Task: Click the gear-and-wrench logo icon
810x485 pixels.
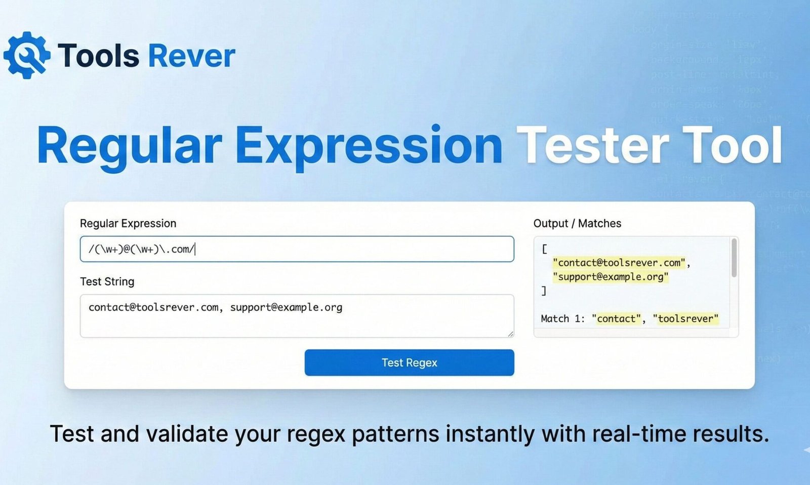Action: (x=26, y=55)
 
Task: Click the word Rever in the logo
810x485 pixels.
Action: (x=192, y=56)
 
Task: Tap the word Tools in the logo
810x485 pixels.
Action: (x=98, y=56)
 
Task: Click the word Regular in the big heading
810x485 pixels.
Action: (x=130, y=146)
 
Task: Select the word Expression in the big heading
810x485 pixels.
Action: (x=369, y=146)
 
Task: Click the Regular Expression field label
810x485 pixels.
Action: (x=128, y=223)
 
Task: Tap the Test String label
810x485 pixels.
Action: (x=107, y=281)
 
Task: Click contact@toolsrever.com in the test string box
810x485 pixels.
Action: (x=153, y=307)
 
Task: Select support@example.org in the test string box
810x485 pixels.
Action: (x=286, y=307)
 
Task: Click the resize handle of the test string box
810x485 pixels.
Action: (x=510, y=334)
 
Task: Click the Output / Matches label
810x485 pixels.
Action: (x=577, y=223)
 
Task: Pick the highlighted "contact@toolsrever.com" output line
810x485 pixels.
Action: (x=619, y=263)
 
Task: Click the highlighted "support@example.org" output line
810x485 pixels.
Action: (x=611, y=277)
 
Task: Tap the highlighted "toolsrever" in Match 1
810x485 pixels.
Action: (x=685, y=318)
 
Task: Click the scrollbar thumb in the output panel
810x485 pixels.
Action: (x=734, y=258)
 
